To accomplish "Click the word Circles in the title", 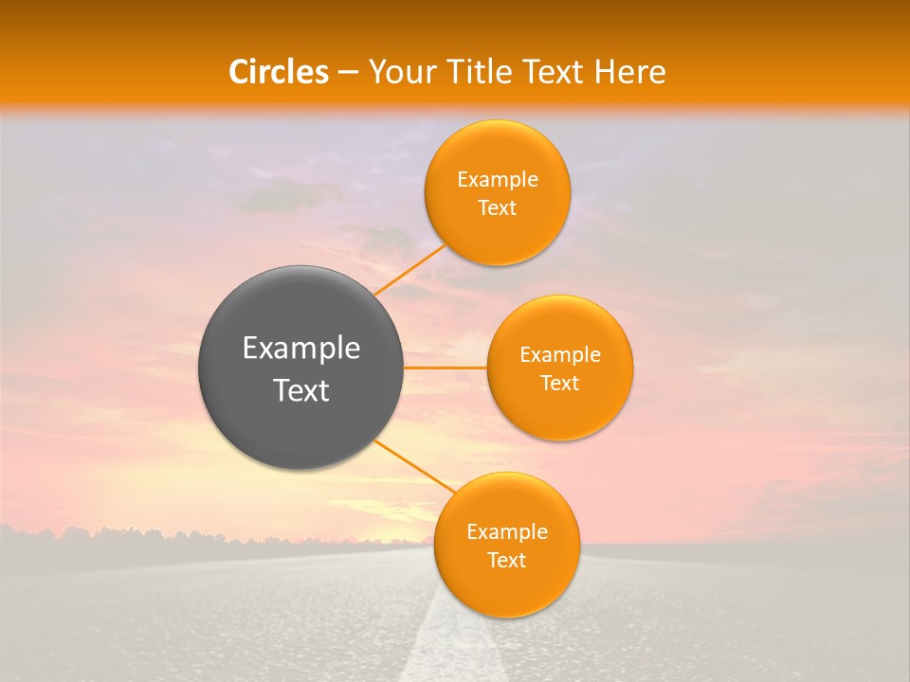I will (x=279, y=72).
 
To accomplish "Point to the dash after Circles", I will (x=348, y=73).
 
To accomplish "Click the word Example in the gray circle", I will (x=301, y=349).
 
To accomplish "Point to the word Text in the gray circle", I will (x=301, y=390).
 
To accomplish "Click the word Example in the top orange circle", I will (x=498, y=180).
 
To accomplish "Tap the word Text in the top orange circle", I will (x=498, y=208).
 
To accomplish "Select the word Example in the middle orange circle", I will (x=560, y=355).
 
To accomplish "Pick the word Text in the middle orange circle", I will (x=560, y=384).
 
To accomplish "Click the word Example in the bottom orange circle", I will (x=507, y=532).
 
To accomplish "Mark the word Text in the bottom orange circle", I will (x=507, y=561).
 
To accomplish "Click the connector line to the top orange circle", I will (x=410, y=270).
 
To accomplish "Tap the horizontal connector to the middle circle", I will (x=446, y=368).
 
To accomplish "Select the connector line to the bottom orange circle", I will (x=413, y=466).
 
